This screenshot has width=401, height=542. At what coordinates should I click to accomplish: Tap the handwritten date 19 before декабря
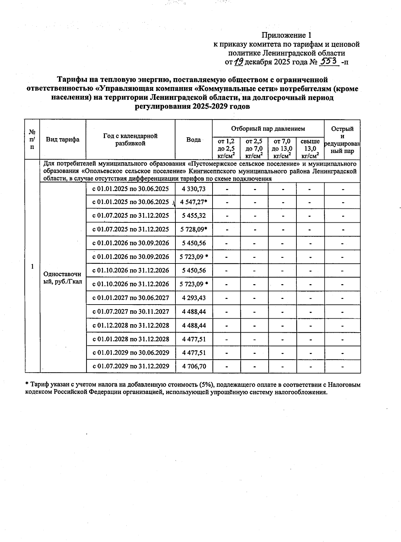(x=239, y=61)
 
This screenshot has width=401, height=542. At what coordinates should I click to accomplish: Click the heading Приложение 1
(x=286, y=35)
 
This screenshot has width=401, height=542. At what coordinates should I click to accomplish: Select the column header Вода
(x=193, y=140)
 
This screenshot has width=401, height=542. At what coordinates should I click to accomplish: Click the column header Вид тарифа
(x=63, y=140)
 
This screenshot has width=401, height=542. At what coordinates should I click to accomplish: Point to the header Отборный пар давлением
(x=268, y=129)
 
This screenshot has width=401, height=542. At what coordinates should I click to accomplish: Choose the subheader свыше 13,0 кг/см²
(x=310, y=149)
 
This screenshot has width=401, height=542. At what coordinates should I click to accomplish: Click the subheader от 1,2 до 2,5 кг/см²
(x=226, y=149)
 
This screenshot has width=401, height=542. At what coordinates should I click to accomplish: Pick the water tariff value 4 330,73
(x=194, y=189)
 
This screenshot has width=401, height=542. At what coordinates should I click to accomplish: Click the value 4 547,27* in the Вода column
(x=194, y=202)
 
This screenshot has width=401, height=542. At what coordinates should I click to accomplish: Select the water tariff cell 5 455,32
(x=194, y=216)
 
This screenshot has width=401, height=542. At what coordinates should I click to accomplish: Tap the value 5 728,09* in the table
(x=194, y=229)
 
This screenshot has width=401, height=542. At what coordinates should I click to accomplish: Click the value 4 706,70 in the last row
(x=194, y=366)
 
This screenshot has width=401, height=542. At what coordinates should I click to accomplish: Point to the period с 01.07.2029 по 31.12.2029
(x=131, y=366)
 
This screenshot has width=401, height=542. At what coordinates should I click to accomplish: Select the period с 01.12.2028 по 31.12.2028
(x=131, y=325)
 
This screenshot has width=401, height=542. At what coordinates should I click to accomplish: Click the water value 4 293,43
(x=194, y=298)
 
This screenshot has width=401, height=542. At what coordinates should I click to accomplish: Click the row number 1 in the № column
(x=32, y=266)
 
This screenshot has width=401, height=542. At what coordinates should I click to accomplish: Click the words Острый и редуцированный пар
(x=342, y=140)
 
